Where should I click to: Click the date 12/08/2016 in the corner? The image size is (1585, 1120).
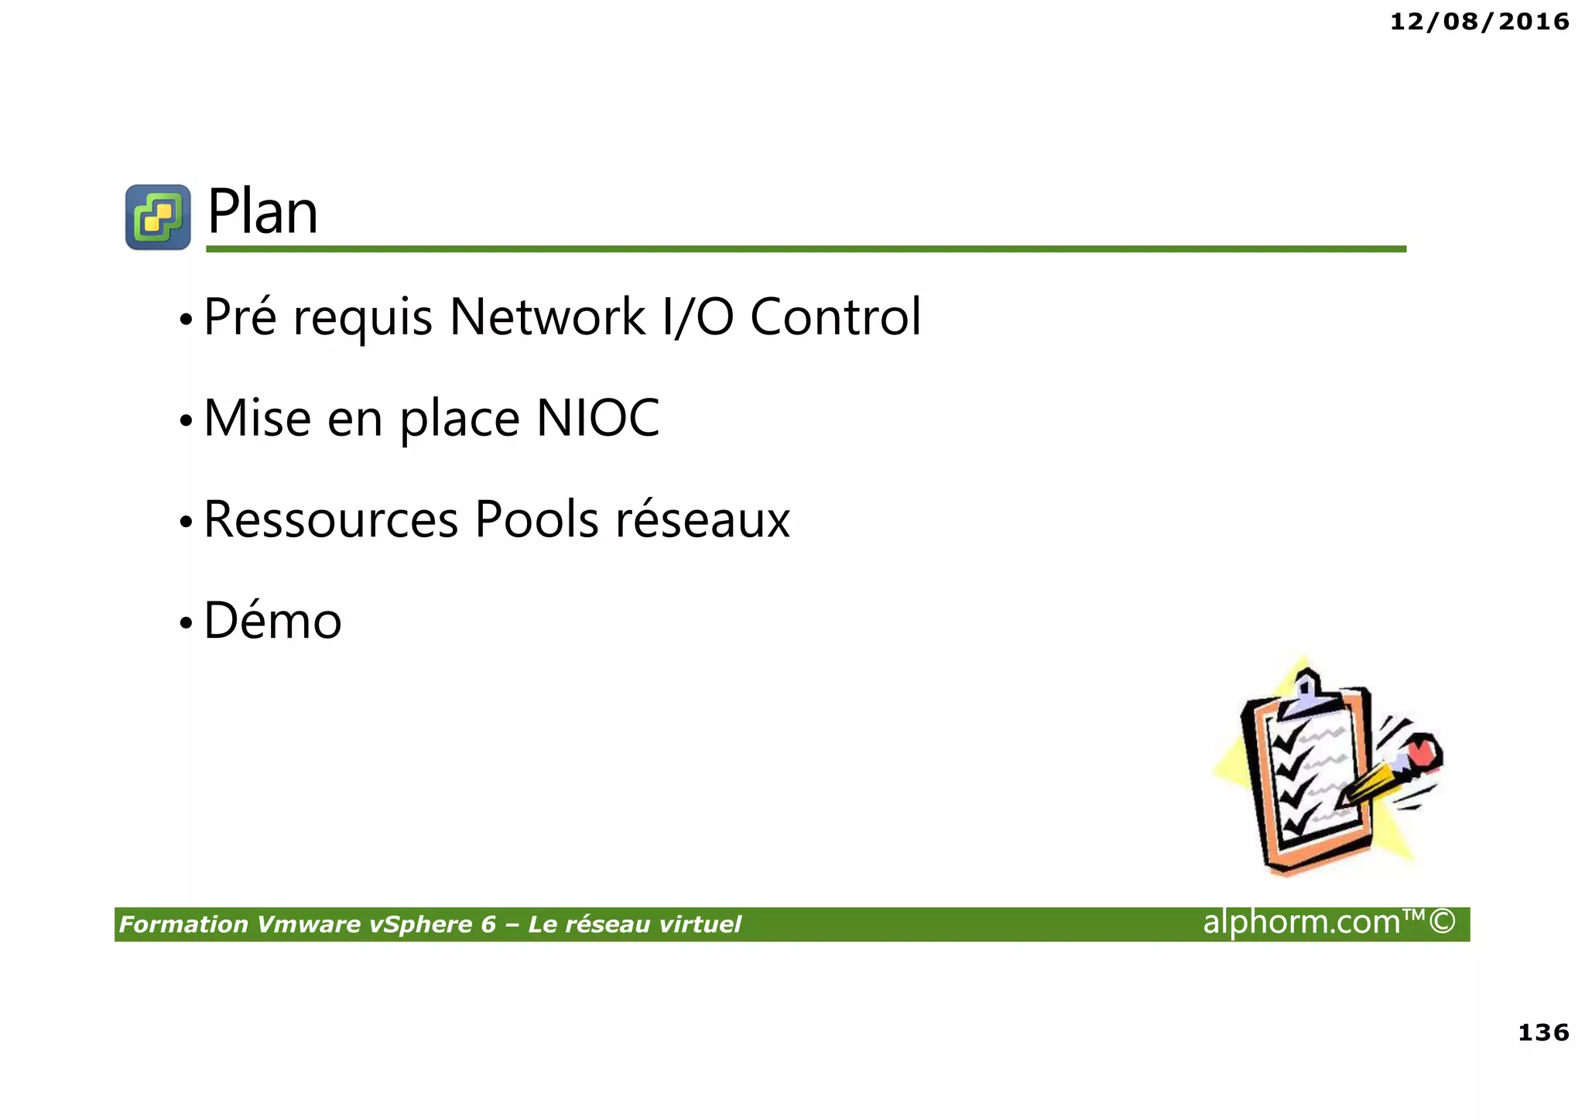(x=1479, y=22)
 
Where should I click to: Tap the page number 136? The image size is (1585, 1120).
(x=1543, y=1032)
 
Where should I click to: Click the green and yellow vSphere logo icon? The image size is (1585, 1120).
(x=158, y=217)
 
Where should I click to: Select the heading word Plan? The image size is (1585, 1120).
(x=262, y=212)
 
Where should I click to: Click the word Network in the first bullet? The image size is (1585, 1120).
(x=547, y=317)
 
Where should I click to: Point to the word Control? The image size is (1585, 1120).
(x=836, y=317)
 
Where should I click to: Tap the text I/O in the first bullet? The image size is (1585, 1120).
(x=698, y=317)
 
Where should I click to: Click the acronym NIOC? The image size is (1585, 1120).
(x=597, y=418)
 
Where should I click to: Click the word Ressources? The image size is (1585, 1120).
(x=331, y=519)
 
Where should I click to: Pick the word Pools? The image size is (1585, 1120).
(x=536, y=519)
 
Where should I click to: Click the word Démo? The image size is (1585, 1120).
(x=272, y=621)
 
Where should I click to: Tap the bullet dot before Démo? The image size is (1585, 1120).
(x=185, y=623)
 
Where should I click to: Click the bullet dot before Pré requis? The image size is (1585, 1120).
(x=185, y=319)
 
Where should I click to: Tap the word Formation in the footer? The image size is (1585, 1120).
(x=183, y=924)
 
